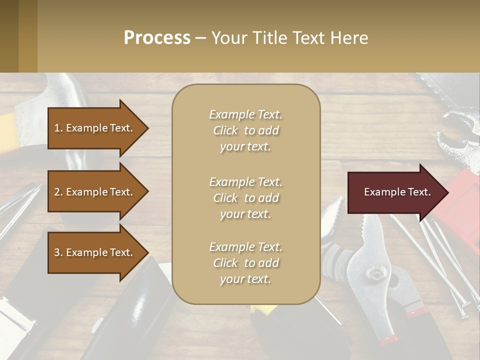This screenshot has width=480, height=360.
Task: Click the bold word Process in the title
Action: tap(157, 38)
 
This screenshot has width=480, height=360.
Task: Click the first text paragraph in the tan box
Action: tap(245, 130)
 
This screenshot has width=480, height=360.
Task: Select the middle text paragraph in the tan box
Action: tap(245, 198)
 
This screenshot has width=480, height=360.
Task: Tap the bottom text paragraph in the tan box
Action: tap(245, 263)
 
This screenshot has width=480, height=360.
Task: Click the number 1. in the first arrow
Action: tap(58, 128)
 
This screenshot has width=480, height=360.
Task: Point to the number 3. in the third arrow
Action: tap(58, 252)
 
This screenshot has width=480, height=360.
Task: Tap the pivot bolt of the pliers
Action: tap(374, 273)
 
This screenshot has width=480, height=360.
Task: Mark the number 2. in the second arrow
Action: tap(58, 192)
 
